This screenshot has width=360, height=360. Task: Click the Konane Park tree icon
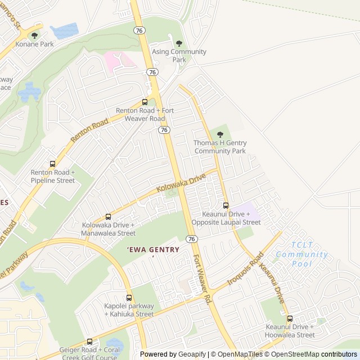(x=35, y=35)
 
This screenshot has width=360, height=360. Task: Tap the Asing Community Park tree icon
(x=179, y=43)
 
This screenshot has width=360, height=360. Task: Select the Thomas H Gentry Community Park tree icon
(x=220, y=134)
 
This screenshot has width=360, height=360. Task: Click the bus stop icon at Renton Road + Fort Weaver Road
(x=145, y=102)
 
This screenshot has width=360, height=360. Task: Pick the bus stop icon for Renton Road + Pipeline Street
(x=52, y=164)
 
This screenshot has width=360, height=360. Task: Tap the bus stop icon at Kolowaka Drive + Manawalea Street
(x=108, y=217)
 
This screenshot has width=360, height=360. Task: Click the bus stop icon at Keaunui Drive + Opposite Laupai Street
(x=226, y=206)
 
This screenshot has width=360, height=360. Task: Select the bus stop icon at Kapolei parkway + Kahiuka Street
(x=129, y=298)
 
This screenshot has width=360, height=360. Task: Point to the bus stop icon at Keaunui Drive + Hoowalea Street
(x=290, y=318)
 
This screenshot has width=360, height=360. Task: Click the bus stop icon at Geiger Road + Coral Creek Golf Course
(x=89, y=341)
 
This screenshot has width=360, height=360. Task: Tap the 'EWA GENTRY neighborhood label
(x=153, y=249)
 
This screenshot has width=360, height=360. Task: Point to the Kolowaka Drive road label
(x=182, y=184)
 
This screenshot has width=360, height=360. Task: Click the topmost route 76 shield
(x=139, y=30)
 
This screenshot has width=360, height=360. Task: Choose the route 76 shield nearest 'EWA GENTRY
(x=192, y=239)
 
